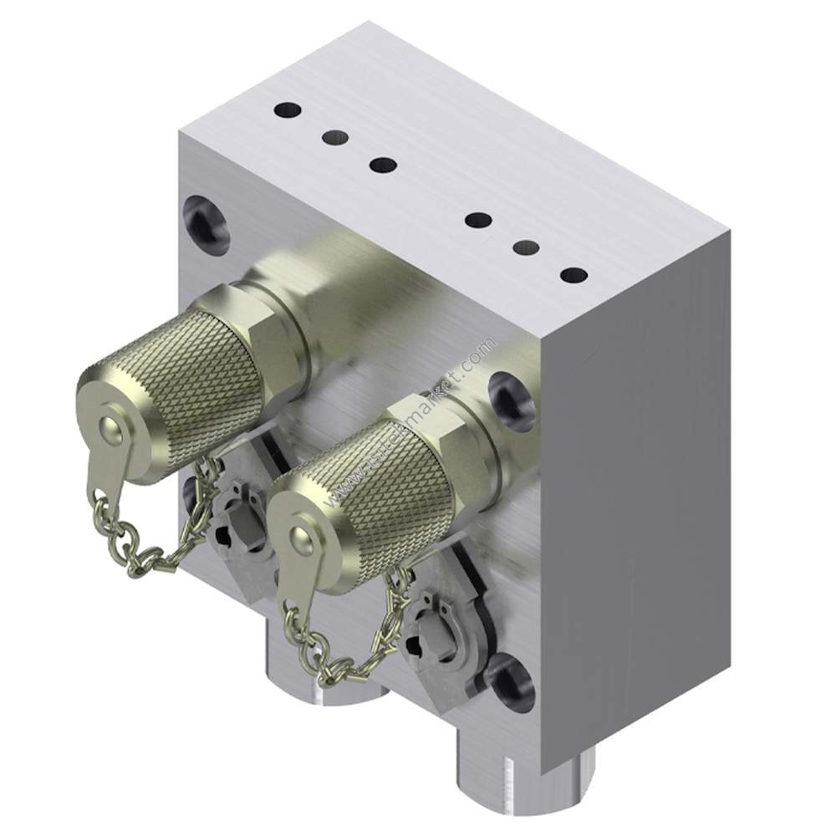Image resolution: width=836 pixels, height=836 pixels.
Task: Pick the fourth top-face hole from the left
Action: (478, 221)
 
